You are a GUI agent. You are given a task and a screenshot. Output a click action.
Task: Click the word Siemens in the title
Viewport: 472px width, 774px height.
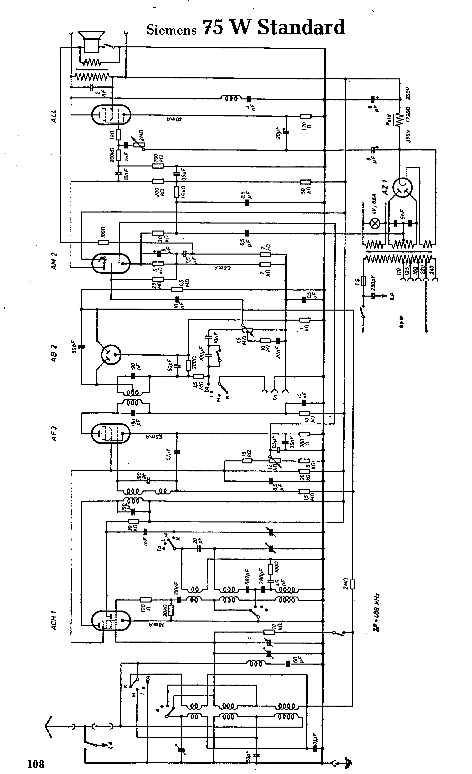click(171, 30)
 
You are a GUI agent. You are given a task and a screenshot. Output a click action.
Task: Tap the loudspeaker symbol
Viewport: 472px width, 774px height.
click(92, 42)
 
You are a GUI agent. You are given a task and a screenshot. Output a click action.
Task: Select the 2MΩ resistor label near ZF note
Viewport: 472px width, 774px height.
click(345, 584)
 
